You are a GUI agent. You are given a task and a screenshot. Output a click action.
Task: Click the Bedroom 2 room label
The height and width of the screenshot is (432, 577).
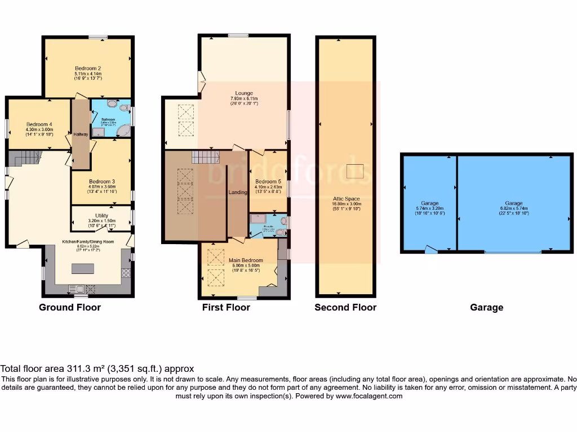tap(87, 68)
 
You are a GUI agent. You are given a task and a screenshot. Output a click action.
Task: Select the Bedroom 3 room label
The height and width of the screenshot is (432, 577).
tap(101, 182)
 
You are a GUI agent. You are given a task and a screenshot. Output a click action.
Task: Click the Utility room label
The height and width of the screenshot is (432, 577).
tap(101, 215)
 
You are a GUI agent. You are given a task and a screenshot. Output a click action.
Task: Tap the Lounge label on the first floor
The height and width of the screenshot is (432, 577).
tap(244, 93)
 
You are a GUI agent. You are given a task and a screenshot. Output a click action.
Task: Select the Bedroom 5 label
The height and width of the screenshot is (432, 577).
tap(268, 182)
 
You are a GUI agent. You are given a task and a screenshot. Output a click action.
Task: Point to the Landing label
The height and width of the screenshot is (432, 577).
tap(238, 192)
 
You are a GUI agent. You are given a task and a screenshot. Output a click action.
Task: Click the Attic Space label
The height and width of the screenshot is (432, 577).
tap(345, 199)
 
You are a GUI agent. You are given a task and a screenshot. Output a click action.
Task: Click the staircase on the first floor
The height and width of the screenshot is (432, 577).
tap(205, 156)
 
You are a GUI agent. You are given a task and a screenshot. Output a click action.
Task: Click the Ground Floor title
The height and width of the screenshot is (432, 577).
tap(70, 307)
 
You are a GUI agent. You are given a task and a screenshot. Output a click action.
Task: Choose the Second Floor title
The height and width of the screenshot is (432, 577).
tap(345, 307)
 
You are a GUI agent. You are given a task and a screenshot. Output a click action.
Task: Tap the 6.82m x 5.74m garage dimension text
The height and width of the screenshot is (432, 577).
tap(513, 209)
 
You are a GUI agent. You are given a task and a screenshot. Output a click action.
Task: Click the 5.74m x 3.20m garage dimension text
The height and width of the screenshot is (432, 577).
tap(429, 209)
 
